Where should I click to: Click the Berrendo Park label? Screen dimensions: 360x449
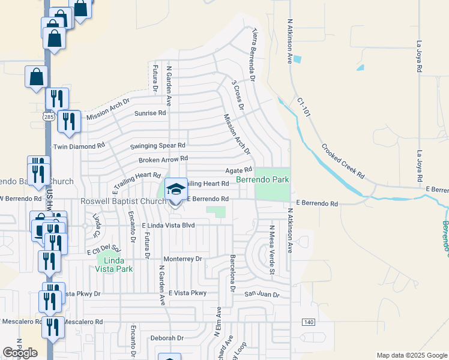(x=262, y=179)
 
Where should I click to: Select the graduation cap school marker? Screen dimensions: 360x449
(x=175, y=190)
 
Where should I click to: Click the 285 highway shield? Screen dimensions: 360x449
(x=49, y=118)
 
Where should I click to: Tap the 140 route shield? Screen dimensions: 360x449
(x=309, y=322)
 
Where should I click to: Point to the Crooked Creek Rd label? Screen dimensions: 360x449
(x=342, y=161)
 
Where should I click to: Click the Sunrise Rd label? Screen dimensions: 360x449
(x=149, y=113)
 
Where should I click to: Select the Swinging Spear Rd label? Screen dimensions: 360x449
(x=158, y=145)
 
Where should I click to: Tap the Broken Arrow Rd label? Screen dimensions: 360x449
(x=163, y=160)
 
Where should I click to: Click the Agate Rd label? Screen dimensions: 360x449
(x=238, y=170)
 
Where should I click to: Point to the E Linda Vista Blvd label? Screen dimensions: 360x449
(x=169, y=226)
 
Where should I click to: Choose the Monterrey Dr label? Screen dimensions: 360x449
(x=184, y=259)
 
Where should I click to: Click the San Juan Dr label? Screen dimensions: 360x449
(x=262, y=295)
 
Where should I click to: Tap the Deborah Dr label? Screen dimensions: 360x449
(x=166, y=338)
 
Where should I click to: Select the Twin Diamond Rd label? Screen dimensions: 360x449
(x=79, y=145)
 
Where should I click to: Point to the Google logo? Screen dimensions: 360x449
(x=20, y=353)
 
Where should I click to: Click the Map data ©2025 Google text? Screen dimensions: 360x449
(x=411, y=355)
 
